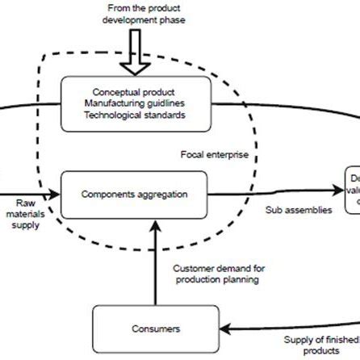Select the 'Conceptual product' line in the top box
[134, 92]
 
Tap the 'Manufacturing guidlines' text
[134, 103]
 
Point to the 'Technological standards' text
[134, 115]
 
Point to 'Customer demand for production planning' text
[219, 274]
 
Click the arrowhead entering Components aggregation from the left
[56, 195]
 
